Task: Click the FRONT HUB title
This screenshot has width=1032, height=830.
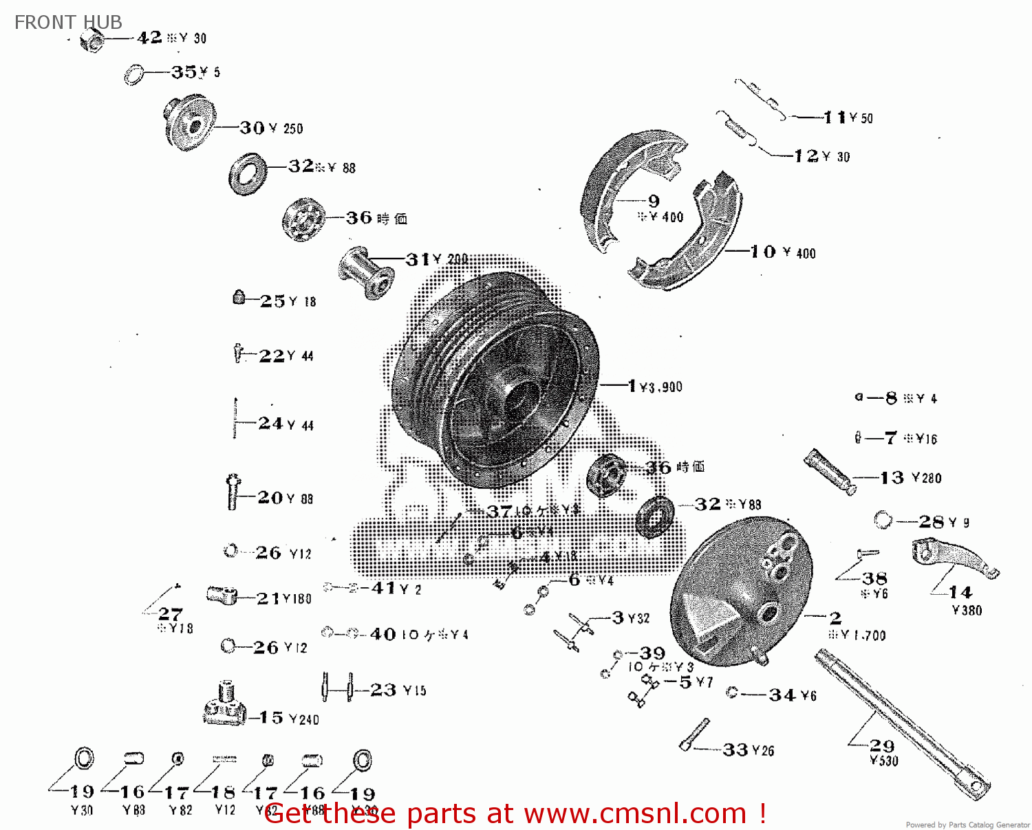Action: click(68, 22)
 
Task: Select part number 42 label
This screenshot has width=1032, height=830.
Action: click(149, 37)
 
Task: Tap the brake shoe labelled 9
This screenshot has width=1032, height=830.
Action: click(619, 186)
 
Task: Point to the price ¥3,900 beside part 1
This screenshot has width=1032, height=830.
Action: click(660, 387)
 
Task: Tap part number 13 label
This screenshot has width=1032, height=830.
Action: click(892, 477)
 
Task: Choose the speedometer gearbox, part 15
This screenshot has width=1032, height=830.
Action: click(225, 706)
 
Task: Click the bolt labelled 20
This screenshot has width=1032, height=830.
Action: click(233, 492)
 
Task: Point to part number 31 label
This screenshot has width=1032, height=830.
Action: click(418, 259)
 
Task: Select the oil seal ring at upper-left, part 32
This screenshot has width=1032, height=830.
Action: click(248, 175)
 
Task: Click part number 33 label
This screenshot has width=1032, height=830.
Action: click(735, 750)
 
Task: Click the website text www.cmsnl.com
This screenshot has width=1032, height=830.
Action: click(635, 813)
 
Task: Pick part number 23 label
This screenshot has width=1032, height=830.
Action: click(383, 690)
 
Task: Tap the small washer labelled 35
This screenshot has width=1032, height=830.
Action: click(133, 74)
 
